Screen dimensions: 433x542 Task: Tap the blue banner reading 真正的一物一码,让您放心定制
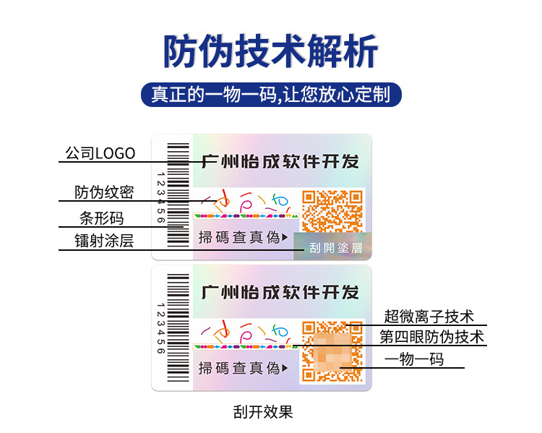(270, 95)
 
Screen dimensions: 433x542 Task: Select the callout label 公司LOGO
(100, 153)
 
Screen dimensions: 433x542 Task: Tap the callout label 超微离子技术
(429, 317)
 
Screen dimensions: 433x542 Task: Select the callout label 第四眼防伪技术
(432, 337)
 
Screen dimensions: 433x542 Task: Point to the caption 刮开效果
(263, 412)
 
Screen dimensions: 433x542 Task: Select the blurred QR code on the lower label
(332, 351)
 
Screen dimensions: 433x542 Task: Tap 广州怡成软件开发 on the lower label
(280, 292)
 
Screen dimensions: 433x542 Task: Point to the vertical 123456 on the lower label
(160, 329)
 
